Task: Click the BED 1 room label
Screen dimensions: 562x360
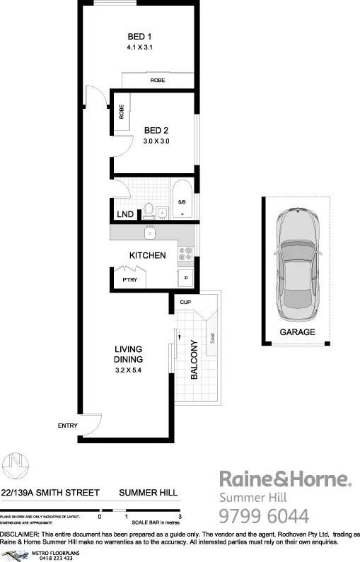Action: click(139, 37)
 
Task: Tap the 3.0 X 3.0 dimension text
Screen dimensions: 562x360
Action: click(156, 141)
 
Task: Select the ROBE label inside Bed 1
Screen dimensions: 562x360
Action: click(157, 81)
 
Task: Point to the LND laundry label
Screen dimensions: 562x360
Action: click(124, 214)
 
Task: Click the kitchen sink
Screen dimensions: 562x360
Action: click(149, 233)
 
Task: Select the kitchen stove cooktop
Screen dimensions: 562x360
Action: click(186, 253)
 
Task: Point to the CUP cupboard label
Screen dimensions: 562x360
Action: click(185, 302)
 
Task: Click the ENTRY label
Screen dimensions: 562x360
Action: click(67, 426)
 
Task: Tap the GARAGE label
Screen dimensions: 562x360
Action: click(296, 332)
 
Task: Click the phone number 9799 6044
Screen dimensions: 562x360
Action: click(265, 515)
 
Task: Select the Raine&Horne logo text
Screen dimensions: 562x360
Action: click(284, 479)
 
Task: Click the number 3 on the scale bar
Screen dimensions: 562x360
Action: click(181, 517)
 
